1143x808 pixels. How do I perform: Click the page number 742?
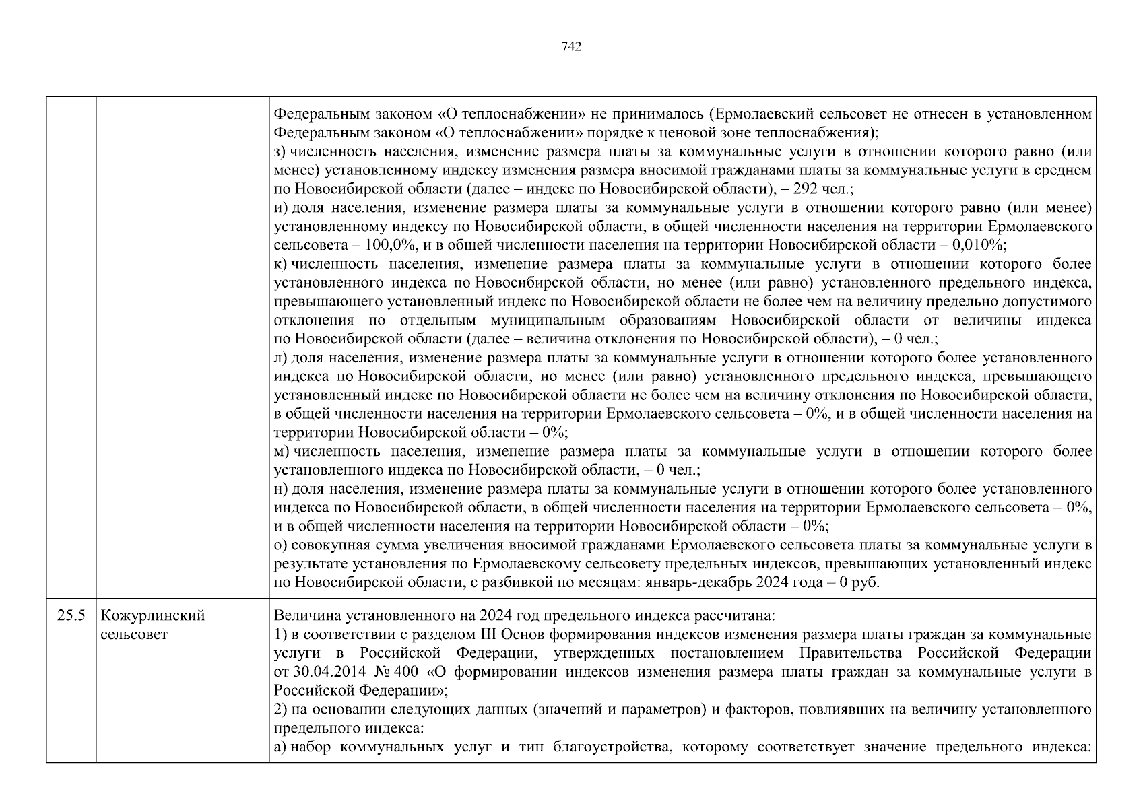tap(571, 46)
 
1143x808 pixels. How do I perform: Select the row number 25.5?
tap(71, 616)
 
